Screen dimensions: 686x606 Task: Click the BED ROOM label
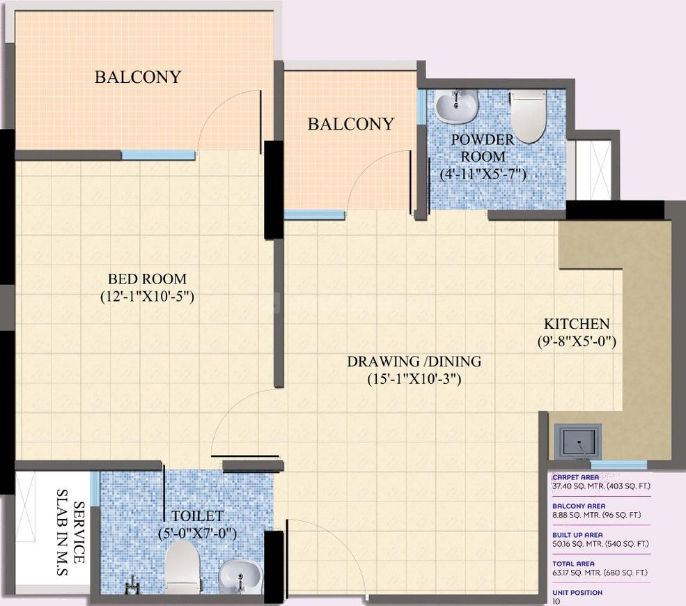click(147, 279)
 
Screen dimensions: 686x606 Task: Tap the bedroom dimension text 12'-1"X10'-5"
click(147, 297)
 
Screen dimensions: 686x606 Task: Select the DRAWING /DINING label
click(414, 362)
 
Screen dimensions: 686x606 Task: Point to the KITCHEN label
click(577, 324)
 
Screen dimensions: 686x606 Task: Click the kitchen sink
click(578, 441)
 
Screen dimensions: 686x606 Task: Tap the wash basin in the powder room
click(457, 105)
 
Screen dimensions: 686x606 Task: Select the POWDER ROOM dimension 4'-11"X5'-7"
click(483, 174)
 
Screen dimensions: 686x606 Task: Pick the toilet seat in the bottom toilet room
click(183, 568)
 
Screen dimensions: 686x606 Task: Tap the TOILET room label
click(197, 516)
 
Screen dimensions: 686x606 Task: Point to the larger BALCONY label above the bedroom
click(138, 77)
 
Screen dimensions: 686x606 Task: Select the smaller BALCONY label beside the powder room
click(351, 124)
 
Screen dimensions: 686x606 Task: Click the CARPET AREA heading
click(576, 477)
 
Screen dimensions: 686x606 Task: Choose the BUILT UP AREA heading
click(577, 535)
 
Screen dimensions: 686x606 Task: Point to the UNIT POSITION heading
click(577, 593)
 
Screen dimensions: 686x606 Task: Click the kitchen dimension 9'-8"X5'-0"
click(577, 341)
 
